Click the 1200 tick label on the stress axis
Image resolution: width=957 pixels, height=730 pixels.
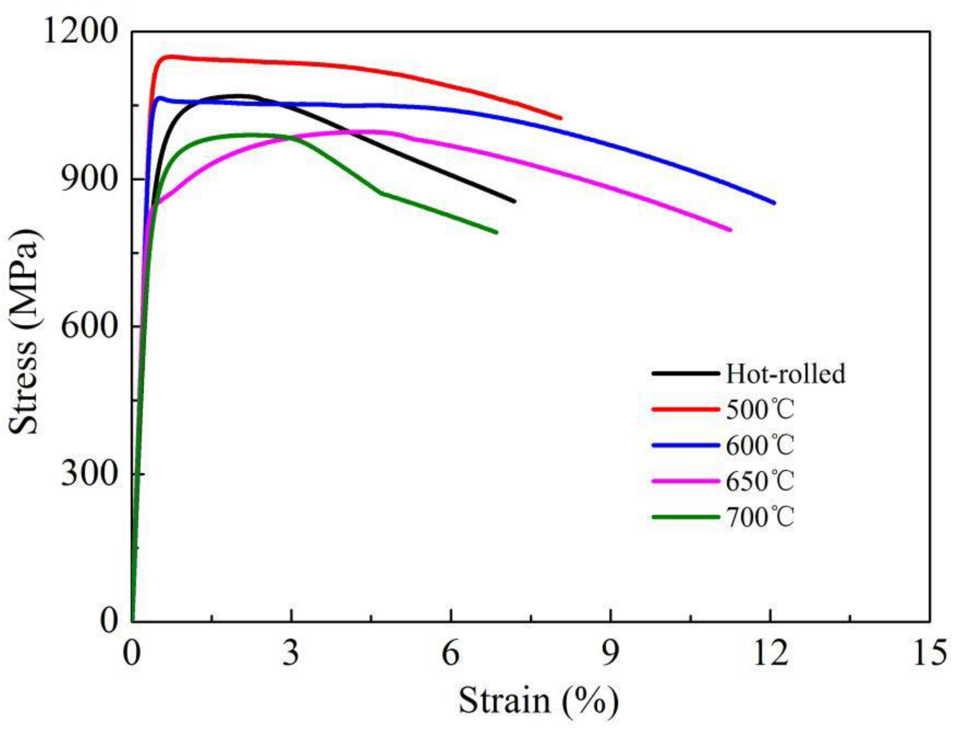click(79, 32)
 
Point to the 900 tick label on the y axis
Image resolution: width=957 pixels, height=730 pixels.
click(88, 179)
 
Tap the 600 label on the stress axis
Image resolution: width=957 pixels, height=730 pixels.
click(88, 327)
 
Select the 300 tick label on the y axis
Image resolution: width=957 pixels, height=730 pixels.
click(88, 474)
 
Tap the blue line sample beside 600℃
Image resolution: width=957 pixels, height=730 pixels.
click(686, 445)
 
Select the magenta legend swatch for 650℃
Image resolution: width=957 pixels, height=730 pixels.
click(686, 481)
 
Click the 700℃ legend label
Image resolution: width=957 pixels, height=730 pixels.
click(760, 517)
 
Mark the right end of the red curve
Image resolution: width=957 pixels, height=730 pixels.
click(560, 118)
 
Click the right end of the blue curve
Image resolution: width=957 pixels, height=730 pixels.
click(774, 203)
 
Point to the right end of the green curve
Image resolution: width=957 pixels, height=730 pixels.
click(496, 232)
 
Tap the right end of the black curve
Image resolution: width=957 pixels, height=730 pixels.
click(514, 201)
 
